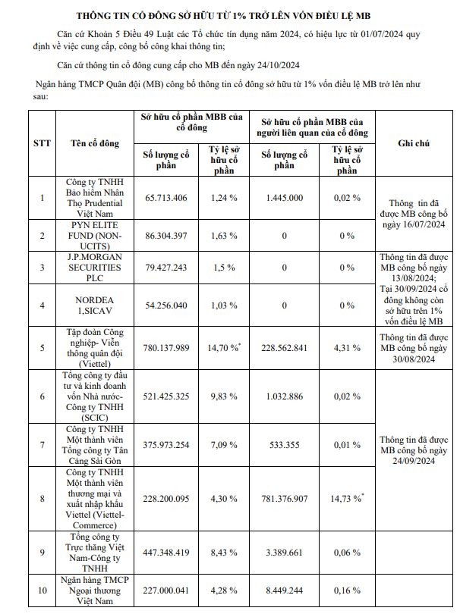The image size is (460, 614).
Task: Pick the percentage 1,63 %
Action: [x=224, y=236]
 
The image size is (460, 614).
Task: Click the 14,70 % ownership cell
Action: [x=225, y=347]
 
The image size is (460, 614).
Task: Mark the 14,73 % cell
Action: [x=348, y=498]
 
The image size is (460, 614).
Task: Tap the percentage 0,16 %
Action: [x=348, y=591]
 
